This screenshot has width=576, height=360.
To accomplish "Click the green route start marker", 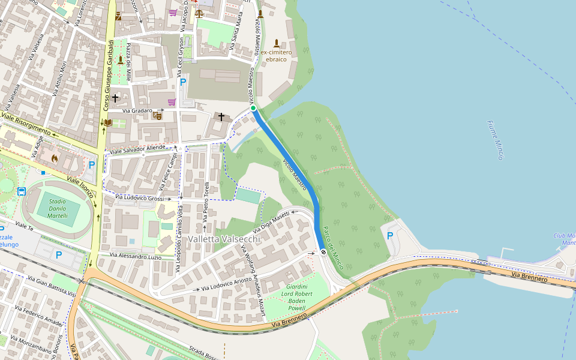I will coord(253,108).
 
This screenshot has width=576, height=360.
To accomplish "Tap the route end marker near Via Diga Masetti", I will coord(323,252).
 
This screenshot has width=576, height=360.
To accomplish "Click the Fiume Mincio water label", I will coord(495,140).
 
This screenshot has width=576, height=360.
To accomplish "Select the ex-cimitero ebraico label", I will coord(276,56).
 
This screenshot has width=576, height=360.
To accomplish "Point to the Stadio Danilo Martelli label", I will coord(58,208).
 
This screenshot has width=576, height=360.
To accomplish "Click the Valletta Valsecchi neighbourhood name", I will coord(224,239).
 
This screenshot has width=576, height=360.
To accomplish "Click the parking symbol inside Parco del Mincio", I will coord(389,236).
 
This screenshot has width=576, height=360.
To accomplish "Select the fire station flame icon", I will coord(54,158).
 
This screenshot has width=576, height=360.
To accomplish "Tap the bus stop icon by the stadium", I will coord(22,192).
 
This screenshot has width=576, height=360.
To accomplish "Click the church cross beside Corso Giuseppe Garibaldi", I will coord(115,97).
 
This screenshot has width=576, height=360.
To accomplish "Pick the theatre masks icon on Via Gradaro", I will coord(157,115).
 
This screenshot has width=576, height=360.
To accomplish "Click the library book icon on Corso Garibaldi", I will coord(107,123).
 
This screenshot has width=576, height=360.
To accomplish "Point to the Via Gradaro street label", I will coord(137,111).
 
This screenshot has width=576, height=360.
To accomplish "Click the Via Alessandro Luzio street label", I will coord(136,256).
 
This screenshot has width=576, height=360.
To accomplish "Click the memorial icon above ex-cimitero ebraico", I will coord(276,43).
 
